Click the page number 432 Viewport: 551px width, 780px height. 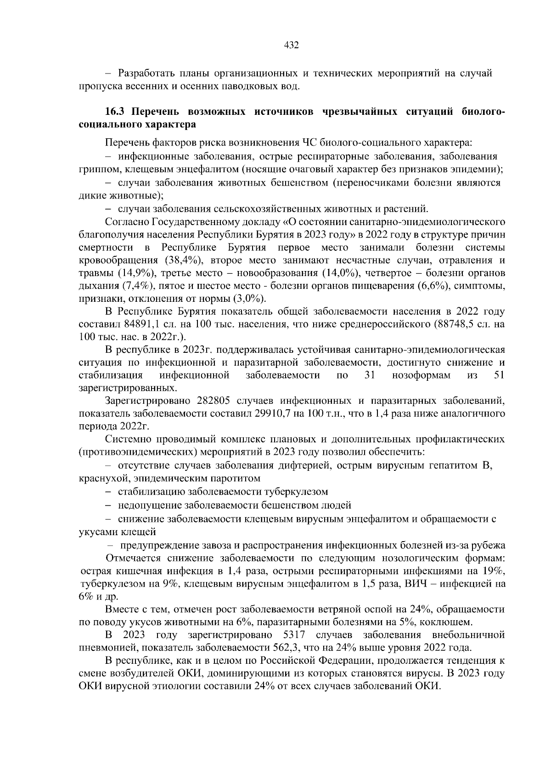click(x=292, y=45)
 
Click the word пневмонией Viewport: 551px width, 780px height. click(x=108, y=648)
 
